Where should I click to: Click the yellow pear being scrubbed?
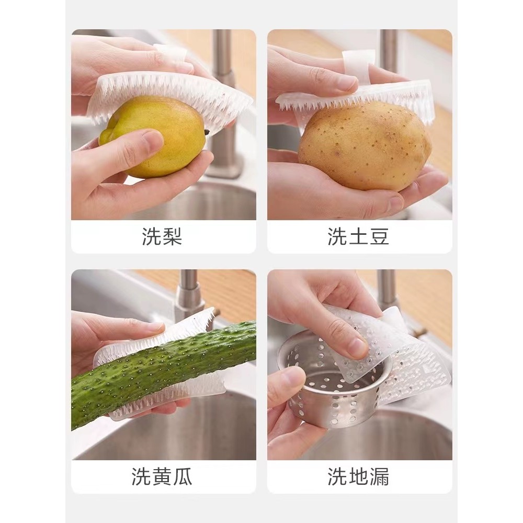(157, 137)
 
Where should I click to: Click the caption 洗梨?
(162, 237)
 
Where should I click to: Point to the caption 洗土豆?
(358, 237)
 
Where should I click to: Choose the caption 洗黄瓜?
(162, 476)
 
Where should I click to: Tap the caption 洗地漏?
(358, 476)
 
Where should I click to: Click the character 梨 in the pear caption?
(173, 237)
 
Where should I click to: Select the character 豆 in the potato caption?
(379, 237)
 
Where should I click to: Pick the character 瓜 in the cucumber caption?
(183, 476)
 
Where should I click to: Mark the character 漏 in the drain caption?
(379, 476)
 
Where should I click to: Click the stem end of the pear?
(208, 132)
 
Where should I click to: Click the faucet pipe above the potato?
(389, 50)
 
